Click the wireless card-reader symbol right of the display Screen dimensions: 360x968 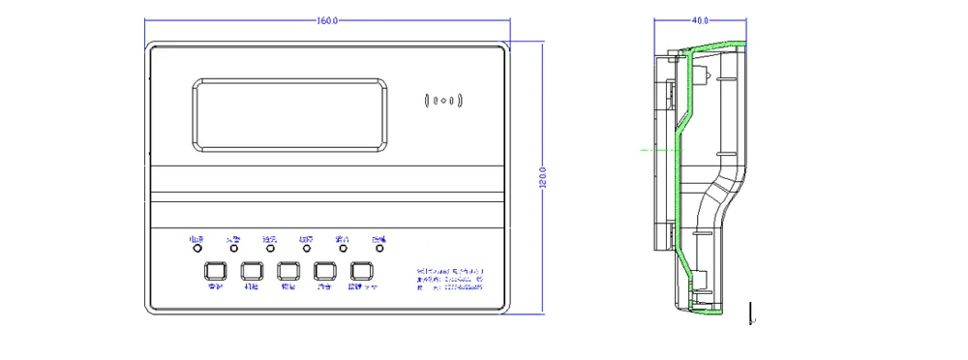(445, 99)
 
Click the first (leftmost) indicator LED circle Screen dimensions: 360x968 (197, 248)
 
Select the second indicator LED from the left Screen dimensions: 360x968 (233, 248)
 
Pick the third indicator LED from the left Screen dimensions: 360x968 (269, 248)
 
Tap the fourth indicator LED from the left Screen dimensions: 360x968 (306, 248)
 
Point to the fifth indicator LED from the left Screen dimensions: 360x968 (342, 248)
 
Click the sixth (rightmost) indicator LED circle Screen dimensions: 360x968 (378, 248)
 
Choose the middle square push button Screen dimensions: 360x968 (288, 271)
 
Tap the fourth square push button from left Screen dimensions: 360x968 (325, 271)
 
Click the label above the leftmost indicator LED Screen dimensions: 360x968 (197, 238)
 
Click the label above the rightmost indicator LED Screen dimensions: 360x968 (378, 238)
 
